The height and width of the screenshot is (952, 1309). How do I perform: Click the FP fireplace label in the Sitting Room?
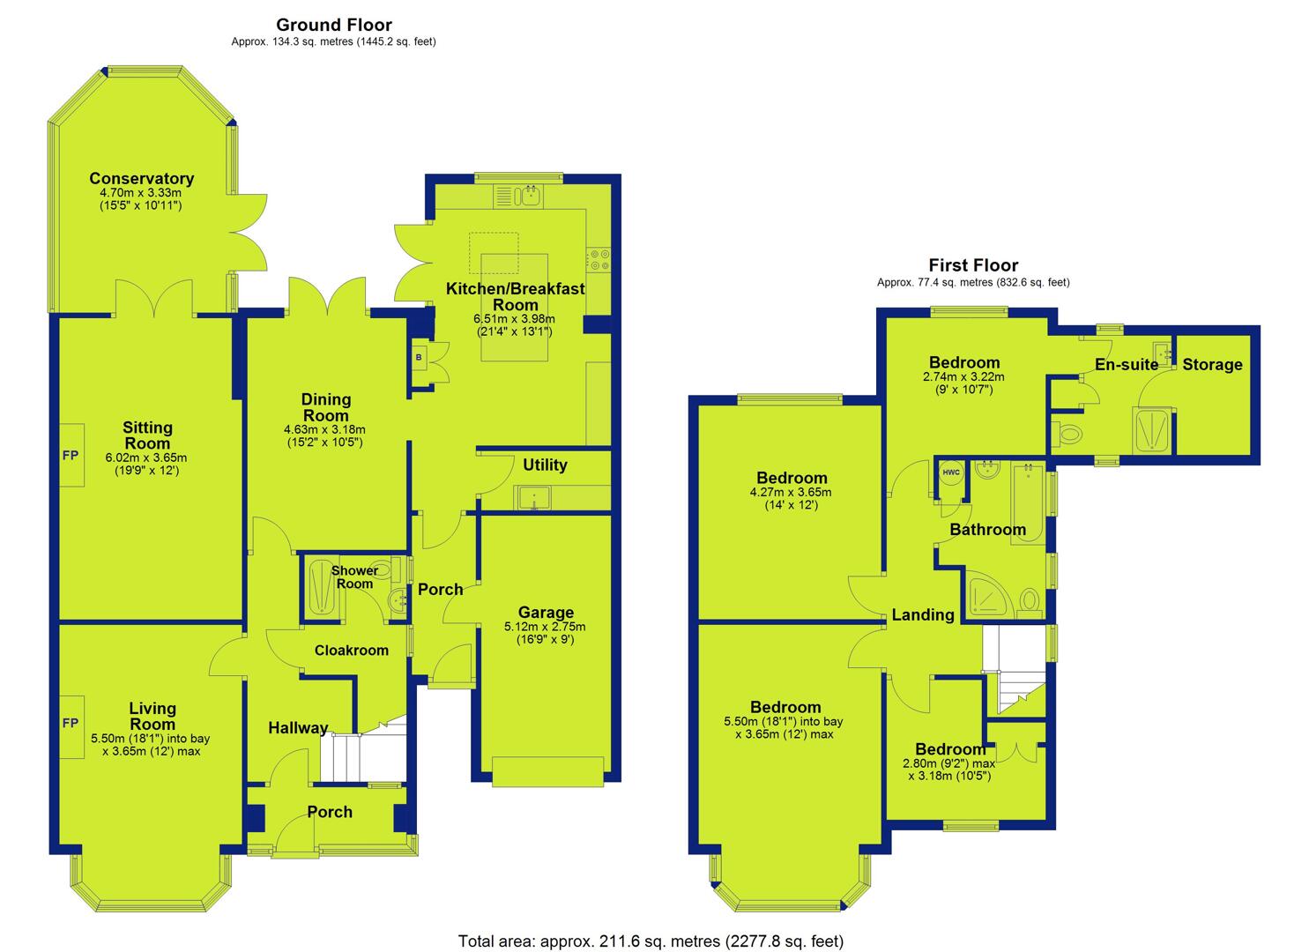(71, 455)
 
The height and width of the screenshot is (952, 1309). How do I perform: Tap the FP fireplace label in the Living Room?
(71, 723)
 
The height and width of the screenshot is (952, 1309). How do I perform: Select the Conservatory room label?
(141, 178)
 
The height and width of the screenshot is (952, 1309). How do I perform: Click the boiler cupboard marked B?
(419, 358)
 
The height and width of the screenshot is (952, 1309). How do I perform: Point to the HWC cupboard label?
(951, 472)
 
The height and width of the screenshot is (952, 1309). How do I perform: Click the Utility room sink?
(533, 497)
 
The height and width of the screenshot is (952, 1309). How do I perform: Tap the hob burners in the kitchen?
(599, 259)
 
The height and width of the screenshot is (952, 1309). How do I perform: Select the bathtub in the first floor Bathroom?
(1029, 504)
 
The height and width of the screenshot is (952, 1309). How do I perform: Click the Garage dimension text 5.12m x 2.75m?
(545, 627)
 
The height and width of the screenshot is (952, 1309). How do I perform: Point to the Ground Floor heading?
(334, 25)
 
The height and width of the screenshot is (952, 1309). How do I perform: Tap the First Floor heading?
(973, 265)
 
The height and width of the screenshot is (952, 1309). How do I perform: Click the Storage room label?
(1212, 365)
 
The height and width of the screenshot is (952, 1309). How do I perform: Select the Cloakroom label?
(351, 651)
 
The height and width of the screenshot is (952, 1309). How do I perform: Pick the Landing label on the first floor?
(923, 614)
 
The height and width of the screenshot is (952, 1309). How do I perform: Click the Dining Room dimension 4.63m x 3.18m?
(324, 429)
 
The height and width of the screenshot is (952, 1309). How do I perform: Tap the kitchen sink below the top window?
(531, 197)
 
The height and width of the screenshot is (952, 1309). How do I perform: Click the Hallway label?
(298, 728)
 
